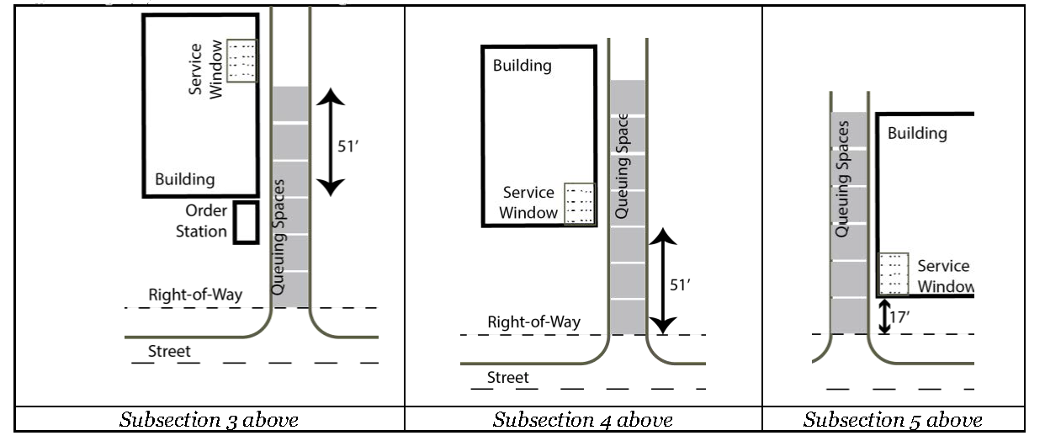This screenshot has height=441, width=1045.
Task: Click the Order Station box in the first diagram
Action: [x=246, y=223]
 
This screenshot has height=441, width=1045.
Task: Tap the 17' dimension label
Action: [x=901, y=319]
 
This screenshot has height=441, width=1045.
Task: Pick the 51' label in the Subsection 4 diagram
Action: [x=679, y=284]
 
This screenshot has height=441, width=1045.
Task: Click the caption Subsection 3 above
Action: [x=210, y=419]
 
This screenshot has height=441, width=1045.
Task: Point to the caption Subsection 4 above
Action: [x=583, y=419]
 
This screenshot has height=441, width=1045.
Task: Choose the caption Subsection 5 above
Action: [x=893, y=419]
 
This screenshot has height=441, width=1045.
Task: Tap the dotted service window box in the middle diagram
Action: [x=580, y=204]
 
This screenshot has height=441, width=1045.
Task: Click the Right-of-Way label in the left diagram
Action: [x=195, y=295]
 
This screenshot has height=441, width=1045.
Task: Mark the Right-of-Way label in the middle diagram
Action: [x=534, y=322]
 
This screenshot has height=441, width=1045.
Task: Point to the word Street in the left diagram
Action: [x=169, y=352]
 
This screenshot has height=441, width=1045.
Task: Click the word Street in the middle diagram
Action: [x=508, y=378]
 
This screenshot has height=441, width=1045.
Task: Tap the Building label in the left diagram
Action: [x=184, y=179]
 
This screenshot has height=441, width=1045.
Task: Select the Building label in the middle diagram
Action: [x=522, y=66]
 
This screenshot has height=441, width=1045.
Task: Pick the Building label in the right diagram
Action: [x=917, y=133]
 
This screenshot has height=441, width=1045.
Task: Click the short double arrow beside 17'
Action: [x=884, y=317]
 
